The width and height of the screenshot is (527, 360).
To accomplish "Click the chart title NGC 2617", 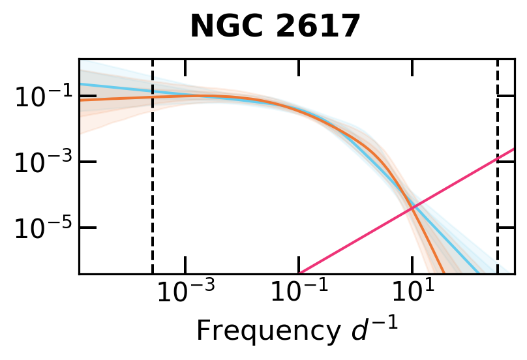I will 275,27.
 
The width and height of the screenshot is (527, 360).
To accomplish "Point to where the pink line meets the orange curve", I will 412,207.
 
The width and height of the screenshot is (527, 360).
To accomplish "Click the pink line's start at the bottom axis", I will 299,273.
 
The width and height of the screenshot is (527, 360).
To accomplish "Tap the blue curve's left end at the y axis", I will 80,84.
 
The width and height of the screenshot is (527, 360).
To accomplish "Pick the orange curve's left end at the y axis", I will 80,100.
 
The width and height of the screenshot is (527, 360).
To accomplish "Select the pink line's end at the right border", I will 514,149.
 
